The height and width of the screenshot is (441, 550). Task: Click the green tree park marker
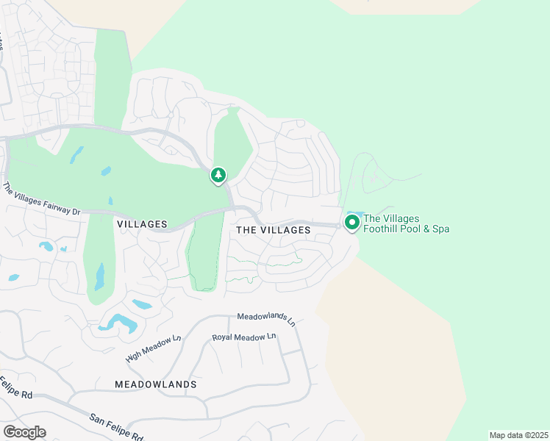(x=218, y=175)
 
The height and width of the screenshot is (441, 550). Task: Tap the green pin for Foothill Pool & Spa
(x=351, y=221)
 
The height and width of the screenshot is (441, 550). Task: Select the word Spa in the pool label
(x=440, y=229)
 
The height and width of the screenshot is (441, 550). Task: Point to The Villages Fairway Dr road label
(x=41, y=199)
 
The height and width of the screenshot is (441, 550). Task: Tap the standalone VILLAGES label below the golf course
(x=142, y=223)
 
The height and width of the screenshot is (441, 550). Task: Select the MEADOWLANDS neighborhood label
(x=156, y=384)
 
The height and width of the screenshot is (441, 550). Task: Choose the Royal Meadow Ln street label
(x=243, y=337)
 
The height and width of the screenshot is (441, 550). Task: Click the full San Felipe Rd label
(x=115, y=426)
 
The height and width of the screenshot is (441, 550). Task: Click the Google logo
(x=24, y=431)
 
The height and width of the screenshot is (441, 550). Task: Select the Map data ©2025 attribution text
(x=518, y=435)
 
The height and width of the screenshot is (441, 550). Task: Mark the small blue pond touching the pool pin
(x=347, y=214)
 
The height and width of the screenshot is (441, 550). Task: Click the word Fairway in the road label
(x=52, y=204)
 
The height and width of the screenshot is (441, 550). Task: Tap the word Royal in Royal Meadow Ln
(x=224, y=337)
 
